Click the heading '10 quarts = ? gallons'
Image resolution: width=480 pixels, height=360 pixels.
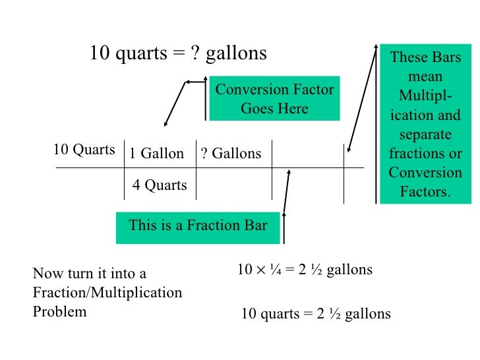point(178,53)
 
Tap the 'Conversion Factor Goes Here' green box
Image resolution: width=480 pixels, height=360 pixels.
point(274,99)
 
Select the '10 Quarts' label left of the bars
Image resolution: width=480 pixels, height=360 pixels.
point(84,150)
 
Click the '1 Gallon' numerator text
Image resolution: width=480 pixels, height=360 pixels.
point(156,154)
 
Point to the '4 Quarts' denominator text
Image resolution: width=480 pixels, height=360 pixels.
point(160,185)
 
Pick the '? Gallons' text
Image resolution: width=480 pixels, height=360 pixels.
point(231,154)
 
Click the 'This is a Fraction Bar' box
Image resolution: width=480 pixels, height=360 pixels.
point(198,225)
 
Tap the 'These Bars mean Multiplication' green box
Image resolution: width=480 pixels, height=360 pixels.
point(425,125)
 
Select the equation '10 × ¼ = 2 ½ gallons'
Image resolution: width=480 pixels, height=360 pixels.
point(305,270)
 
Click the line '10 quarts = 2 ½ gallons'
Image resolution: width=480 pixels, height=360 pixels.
point(316,314)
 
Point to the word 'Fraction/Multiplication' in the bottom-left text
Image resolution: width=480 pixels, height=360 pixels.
point(107,292)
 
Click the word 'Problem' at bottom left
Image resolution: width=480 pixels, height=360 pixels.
point(59,311)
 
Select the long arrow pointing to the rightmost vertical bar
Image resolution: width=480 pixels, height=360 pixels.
point(365,99)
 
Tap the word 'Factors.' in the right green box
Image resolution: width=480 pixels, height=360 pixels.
point(425,193)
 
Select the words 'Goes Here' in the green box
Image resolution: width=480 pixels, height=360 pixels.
point(274,109)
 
